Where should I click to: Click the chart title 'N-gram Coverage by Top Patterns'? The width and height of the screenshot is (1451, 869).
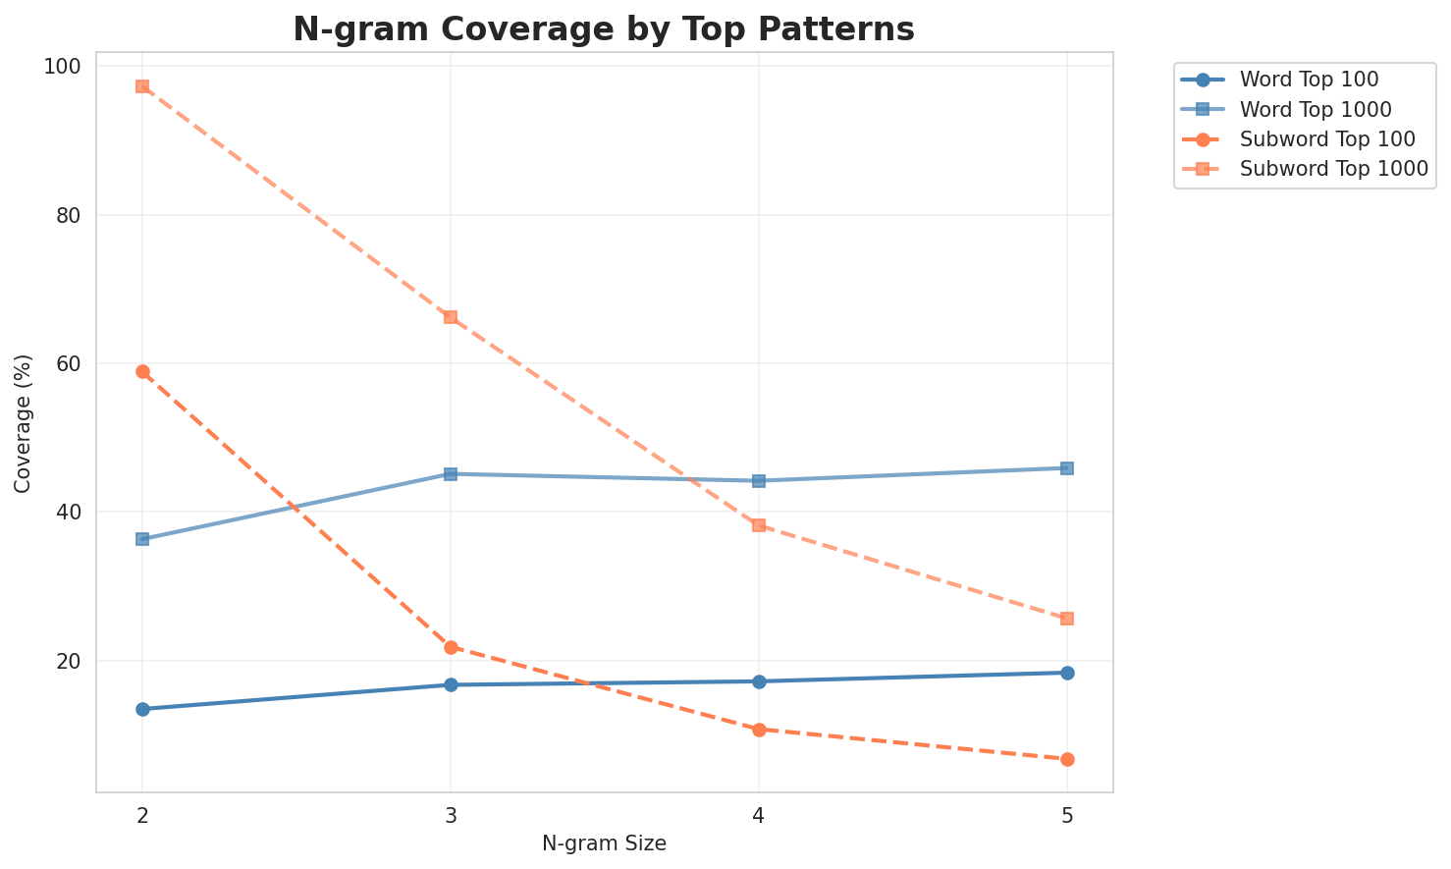pyautogui.click(x=604, y=29)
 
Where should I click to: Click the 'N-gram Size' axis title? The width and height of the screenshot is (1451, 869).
pyautogui.click(x=604, y=843)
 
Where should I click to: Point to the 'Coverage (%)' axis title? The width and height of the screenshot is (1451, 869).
pyautogui.click(x=24, y=423)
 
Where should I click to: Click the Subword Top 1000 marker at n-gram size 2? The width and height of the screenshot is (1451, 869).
pyautogui.click(x=142, y=86)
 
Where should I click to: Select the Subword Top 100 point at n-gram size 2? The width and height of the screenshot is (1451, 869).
pyautogui.click(x=142, y=371)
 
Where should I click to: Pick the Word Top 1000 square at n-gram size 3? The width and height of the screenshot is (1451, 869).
pyautogui.click(x=451, y=474)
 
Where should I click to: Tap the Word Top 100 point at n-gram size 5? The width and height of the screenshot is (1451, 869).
pyautogui.click(x=1067, y=673)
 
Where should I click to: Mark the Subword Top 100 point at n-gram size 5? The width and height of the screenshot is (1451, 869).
pyautogui.click(x=1067, y=759)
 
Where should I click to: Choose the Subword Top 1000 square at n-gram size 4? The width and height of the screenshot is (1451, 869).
pyautogui.click(x=759, y=525)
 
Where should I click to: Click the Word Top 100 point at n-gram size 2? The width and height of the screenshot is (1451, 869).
pyautogui.click(x=142, y=709)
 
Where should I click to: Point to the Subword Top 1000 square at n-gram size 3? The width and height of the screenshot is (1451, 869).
pyautogui.click(x=451, y=317)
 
